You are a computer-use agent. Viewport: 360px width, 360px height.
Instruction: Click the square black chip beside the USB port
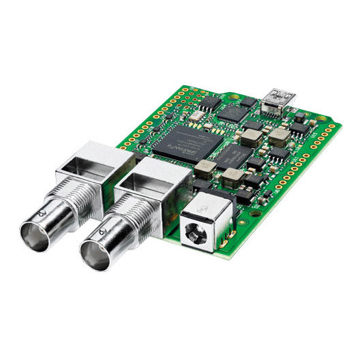point(235,112)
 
